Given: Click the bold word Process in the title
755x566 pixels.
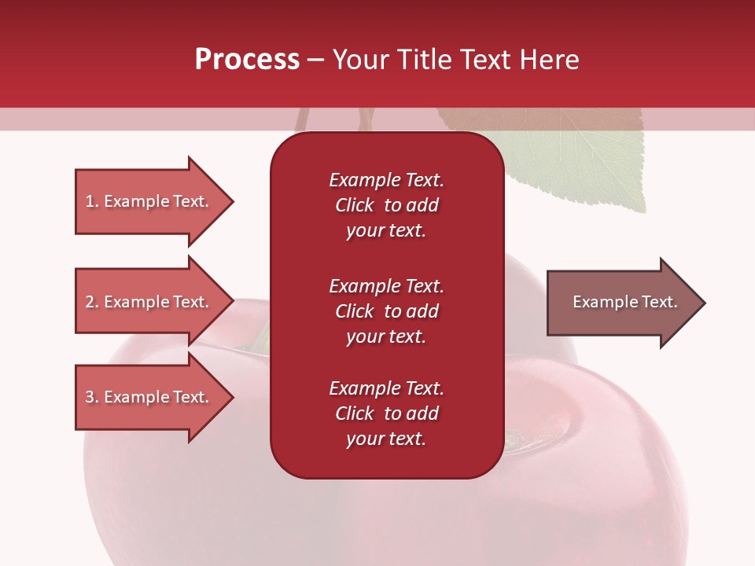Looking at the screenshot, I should [x=247, y=59].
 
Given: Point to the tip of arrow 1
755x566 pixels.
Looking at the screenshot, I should [x=232, y=201].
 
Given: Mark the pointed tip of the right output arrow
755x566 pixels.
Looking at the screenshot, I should [x=704, y=303].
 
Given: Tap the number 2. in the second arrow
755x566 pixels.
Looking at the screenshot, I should [x=92, y=302].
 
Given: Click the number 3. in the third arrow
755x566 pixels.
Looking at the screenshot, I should [x=92, y=397].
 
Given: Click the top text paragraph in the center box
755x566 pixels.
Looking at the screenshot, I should [x=386, y=205].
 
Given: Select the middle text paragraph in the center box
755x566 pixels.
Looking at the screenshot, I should [x=386, y=311].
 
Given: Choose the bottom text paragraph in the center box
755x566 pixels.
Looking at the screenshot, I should [x=386, y=413].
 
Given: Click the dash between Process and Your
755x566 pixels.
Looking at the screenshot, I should [x=316, y=60].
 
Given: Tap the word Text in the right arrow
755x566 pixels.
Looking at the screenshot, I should [x=661, y=302].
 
